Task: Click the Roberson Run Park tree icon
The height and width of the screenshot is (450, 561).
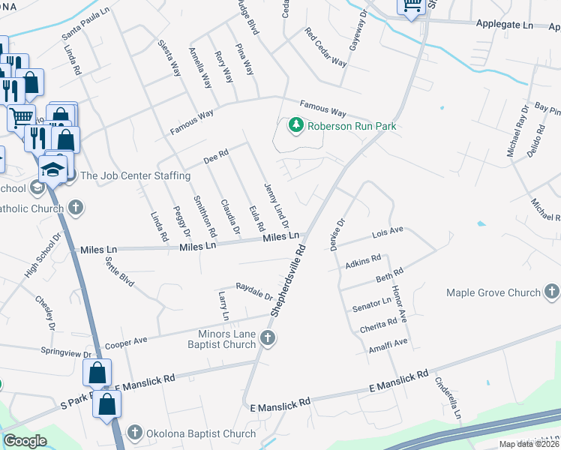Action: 296,125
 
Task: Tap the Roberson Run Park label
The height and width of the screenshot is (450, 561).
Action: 351,126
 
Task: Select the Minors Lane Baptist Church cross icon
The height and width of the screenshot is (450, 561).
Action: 268,340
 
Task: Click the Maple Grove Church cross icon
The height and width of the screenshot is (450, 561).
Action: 551,292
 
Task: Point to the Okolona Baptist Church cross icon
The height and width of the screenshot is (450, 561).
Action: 135,433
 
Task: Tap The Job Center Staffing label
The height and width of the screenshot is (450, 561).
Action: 135,175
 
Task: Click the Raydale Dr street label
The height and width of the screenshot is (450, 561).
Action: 254,292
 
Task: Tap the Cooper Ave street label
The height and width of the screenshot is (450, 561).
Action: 126,343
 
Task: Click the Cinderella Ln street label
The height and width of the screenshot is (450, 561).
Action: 448,397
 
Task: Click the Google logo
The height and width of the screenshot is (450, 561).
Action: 25,441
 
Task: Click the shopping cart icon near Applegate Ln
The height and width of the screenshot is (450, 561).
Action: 412,7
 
